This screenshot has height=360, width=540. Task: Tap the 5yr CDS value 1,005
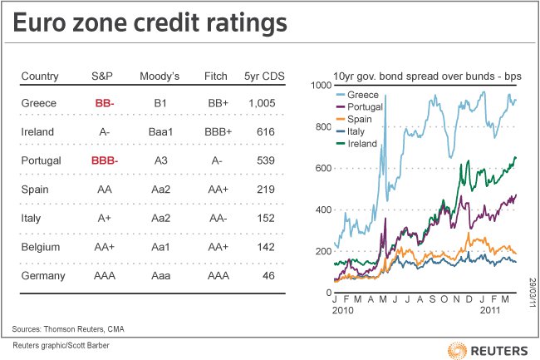(268, 104)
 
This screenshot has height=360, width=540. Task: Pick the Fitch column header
(216, 76)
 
